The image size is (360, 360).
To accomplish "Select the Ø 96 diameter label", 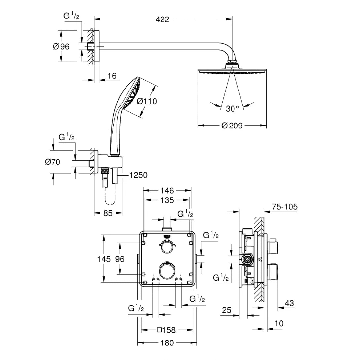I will point(61,47).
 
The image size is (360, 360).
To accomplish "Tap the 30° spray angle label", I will point(233,108).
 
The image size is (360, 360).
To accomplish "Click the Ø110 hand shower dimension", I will point(147,101).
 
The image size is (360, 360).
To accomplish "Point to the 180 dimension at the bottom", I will point(167,343).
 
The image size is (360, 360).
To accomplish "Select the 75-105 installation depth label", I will point(284,207).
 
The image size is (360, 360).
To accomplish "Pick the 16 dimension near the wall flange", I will point(112,76).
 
